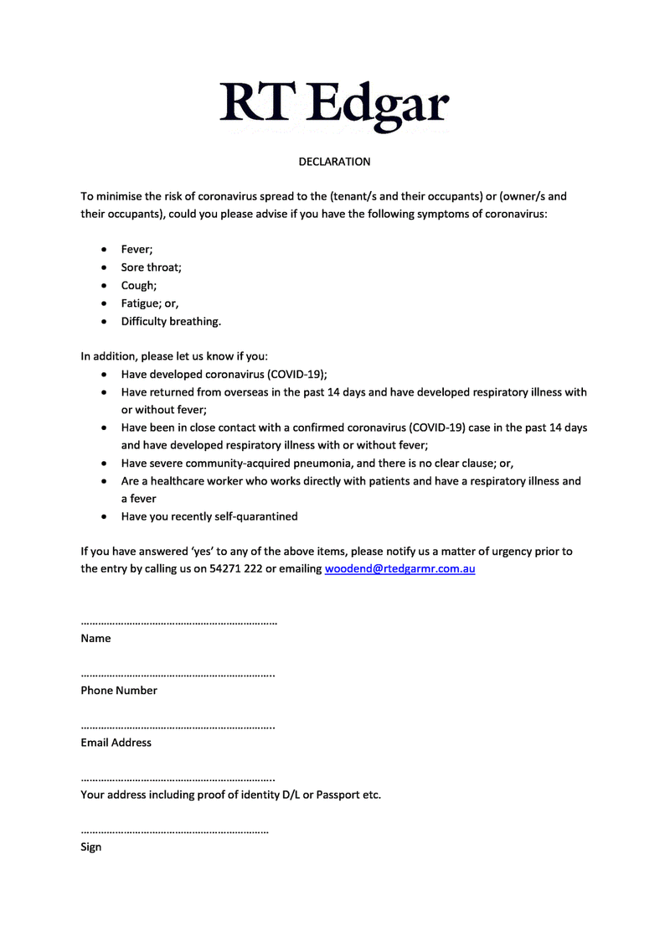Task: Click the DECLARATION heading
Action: click(x=334, y=161)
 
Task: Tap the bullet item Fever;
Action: click(x=137, y=249)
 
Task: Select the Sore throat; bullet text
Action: click(x=151, y=267)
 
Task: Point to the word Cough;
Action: click(x=138, y=285)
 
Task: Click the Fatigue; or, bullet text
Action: click(x=150, y=303)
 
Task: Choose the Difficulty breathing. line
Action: click(x=171, y=321)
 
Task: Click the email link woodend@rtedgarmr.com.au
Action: click(x=399, y=569)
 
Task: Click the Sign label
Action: click(x=91, y=847)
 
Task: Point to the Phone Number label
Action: click(x=119, y=691)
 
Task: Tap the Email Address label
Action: click(x=116, y=743)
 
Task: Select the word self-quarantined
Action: click(x=254, y=516)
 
